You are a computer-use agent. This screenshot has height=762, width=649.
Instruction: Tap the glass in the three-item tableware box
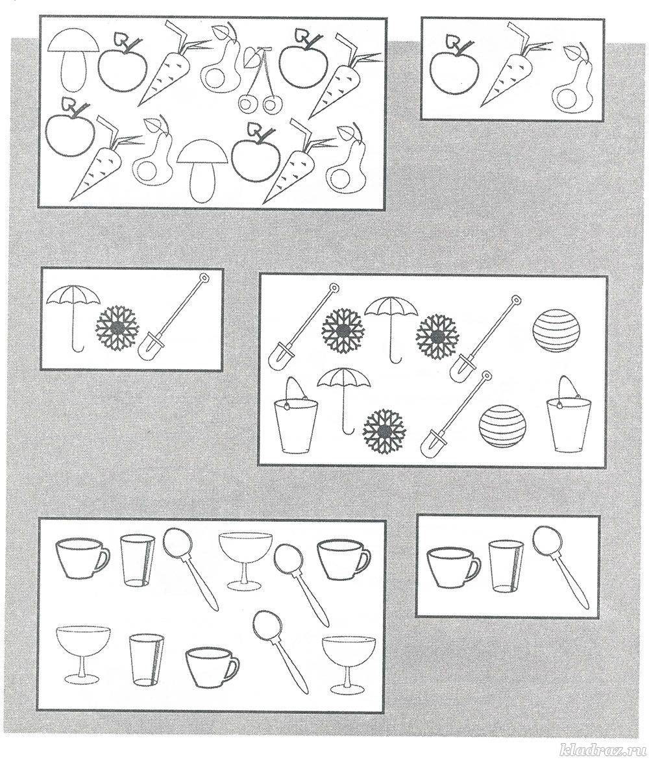point(505,566)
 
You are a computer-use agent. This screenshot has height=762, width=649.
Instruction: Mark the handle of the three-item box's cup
point(474,569)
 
